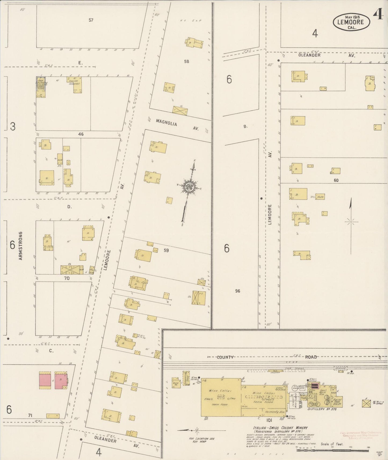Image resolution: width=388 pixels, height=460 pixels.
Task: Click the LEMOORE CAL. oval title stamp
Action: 351,21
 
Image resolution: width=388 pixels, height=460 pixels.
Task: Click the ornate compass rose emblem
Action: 190,187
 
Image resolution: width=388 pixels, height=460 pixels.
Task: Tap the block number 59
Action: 166,250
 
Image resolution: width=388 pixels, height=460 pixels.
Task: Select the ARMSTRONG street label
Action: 20,246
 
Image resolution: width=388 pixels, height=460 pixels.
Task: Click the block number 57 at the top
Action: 91,20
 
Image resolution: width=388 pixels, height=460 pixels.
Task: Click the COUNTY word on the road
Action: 225,357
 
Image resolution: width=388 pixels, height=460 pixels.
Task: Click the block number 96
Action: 237,291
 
